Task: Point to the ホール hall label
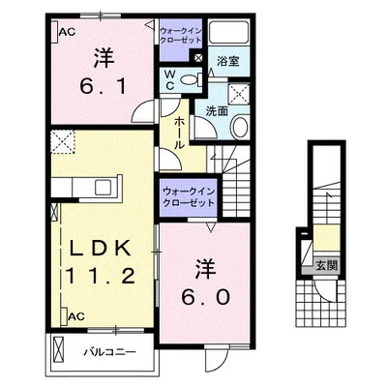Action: click(180, 132)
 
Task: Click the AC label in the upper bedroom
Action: click(67, 33)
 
